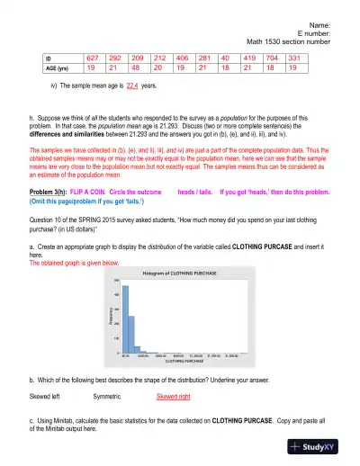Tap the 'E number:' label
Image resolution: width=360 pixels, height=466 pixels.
(316, 32)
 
